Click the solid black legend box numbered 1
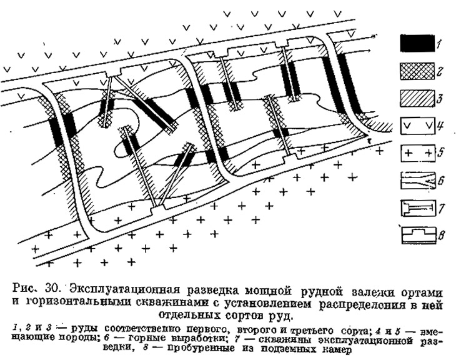pos(417,44)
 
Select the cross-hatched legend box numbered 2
pos(417,71)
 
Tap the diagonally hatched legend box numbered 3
pos(418,99)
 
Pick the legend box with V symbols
pos(418,126)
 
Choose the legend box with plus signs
pos(418,153)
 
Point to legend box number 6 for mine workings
pos(418,181)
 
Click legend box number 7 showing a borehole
pos(418,207)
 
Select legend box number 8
pos(419,235)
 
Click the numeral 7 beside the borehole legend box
pos(441,208)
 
